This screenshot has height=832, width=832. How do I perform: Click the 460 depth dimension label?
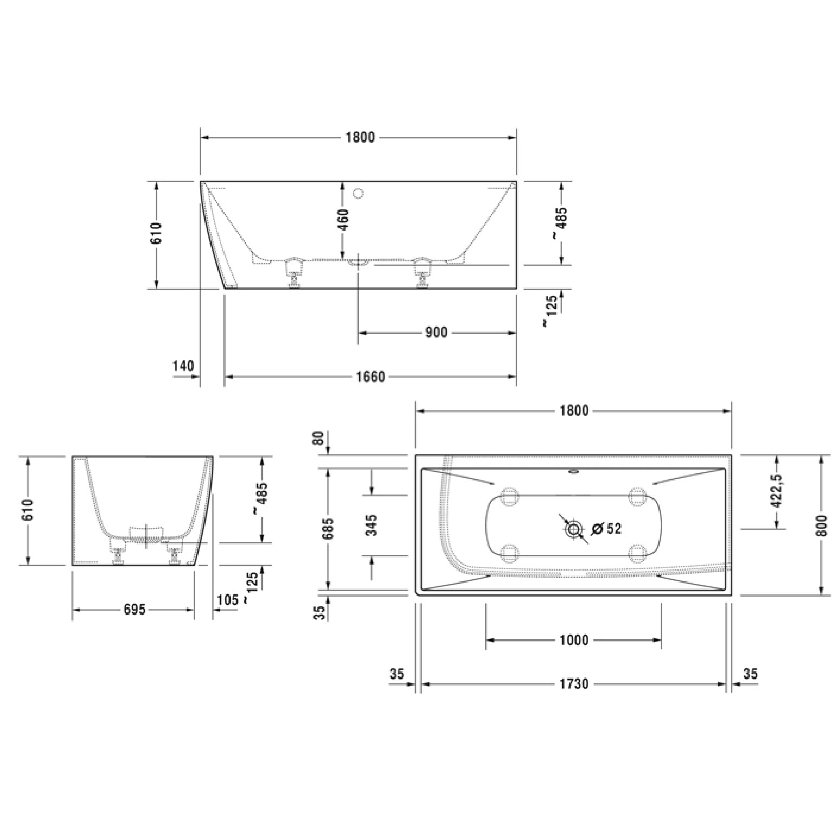coord(343,219)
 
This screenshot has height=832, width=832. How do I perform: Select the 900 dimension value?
coord(437,332)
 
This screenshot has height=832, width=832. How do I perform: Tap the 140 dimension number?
coord(183,366)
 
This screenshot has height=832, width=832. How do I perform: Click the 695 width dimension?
coord(134,610)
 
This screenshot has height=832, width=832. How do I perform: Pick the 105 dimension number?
coord(228,600)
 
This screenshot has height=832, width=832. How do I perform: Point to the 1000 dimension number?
coord(574,641)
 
